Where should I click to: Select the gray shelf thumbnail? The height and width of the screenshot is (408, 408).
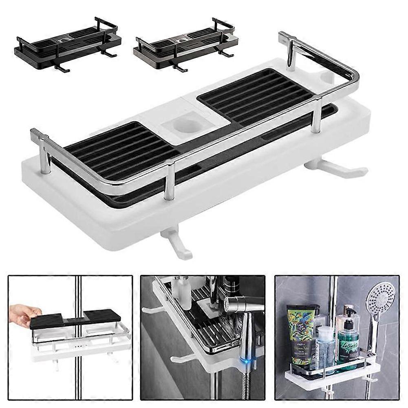(x=186, y=44)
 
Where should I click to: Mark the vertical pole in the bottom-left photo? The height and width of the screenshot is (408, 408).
(x=78, y=367)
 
